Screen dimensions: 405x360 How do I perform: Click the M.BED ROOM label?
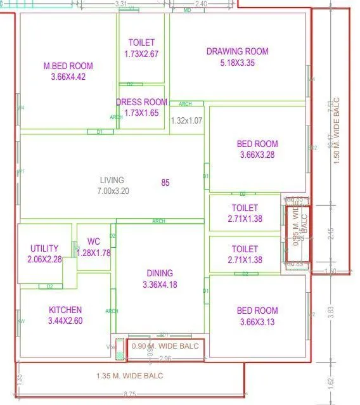pyautogui.click(x=68, y=66)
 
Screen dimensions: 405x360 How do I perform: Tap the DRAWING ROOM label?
pyautogui.click(x=238, y=51)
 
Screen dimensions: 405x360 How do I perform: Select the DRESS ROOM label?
pyautogui.click(x=141, y=102)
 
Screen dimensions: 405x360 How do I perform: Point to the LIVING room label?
pyautogui.click(x=112, y=180)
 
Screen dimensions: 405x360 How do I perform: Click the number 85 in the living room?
pyautogui.click(x=165, y=183)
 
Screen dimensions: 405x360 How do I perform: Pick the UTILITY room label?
pyautogui.click(x=44, y=248)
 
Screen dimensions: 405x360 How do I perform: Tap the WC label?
pyautogui.click(x=94, y=241)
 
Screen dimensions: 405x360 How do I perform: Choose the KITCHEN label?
pyautogui.click(x=65, y=310)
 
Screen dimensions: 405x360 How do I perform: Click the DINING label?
pyautogui.click(x=159, y=273)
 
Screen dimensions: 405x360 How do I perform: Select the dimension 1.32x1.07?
pyautogui.click(x=187, y=120)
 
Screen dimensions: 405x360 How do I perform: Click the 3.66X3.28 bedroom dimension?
pyautogui.click(x=257, y=155)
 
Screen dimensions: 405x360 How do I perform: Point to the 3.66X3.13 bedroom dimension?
pyautogui.click(x=257, y=321)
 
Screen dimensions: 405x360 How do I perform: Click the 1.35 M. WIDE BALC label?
pyautogui.click(x=131, y=376)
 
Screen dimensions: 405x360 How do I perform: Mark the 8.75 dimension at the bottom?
pyautogui.click(x=129, y=394)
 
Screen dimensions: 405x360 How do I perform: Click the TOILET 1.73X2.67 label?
pyautogui.click(x=141, y=48)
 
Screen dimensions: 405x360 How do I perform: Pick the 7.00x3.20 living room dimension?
pyautogui.click(x=113, y=190)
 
